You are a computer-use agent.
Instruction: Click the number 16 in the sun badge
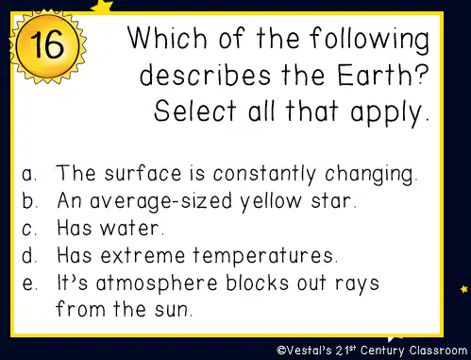point(47,44)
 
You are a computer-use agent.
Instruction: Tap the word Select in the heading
point(195,111)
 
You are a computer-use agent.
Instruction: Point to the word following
point(369,40)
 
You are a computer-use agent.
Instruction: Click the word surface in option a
point(143,173)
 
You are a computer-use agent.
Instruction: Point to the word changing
point(369,175)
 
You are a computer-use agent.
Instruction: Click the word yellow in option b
point(271,201)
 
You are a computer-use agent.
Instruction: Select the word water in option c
point(129,228)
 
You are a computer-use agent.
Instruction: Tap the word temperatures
point(263,256)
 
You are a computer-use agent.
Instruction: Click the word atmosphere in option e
point(157,283)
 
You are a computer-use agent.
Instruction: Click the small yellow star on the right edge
point(464,288)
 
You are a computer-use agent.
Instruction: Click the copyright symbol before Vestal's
point(281,350)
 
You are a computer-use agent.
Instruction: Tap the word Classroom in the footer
point(438,350)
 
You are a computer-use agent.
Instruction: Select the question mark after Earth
point(420,75)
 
